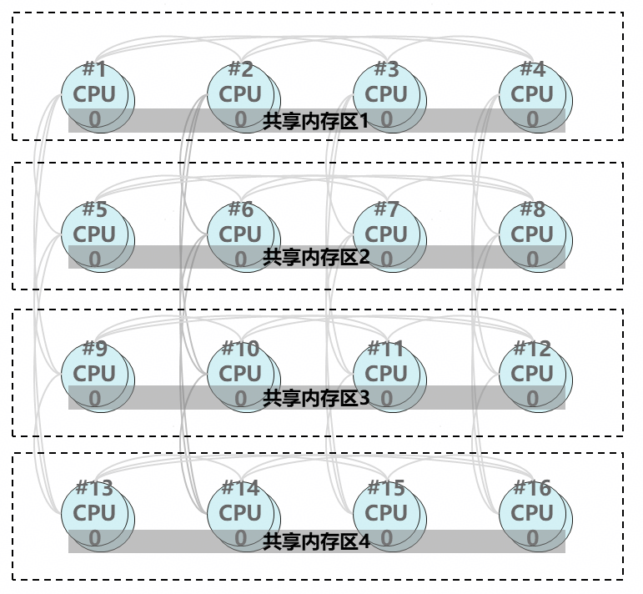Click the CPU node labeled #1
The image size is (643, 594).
coord(95,93)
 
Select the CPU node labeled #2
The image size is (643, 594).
coord(241,93)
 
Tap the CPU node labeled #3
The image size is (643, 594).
coord(387,93)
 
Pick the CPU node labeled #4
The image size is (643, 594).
coord(533,93)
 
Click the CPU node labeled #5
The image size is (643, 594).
coord(95,234)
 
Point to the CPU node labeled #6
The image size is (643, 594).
coord(241,234)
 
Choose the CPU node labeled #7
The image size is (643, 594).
coord(387,234)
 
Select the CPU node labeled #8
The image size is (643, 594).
coord(533,234)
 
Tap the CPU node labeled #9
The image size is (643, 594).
coord(95,373)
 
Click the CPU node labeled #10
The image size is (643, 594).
coord(241,373)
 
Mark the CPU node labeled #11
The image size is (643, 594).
coord(387,373)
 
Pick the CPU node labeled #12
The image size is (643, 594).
coord(533,373)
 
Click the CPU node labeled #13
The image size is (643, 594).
coord(95,511)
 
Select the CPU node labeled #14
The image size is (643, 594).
coord(241,511)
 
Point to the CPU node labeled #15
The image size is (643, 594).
coord(387,511)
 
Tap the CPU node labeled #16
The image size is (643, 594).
coord(533,511)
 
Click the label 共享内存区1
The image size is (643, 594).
coord(316,122)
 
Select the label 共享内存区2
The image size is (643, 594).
coord(316,257)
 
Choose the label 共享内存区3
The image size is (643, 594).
coord(316,398)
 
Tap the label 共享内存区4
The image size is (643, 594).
coord(316,542)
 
